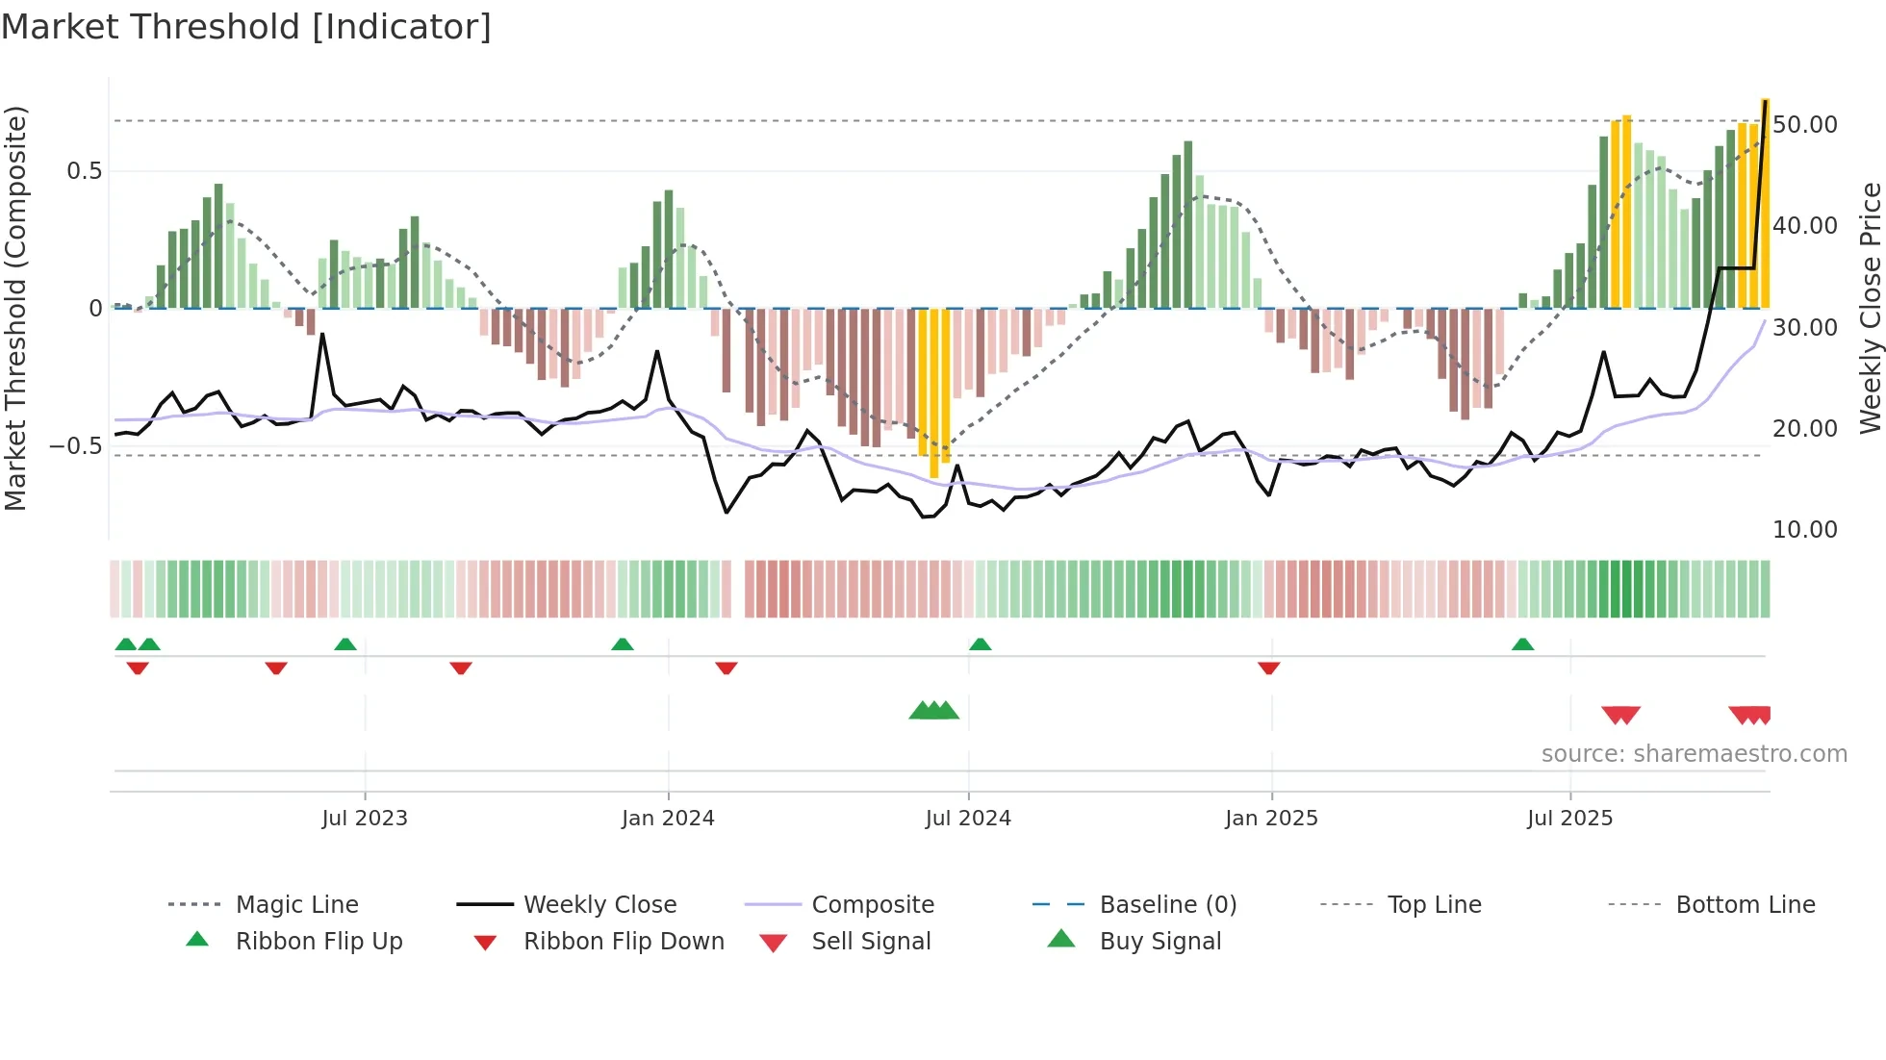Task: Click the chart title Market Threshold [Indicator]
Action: pyautogui.click(x=246, y=27)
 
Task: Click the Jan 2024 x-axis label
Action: pyautogui.click(x=668, y=819)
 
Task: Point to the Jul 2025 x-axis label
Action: pyautogui.click(x=1569, y=819)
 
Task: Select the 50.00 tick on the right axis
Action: pyautogui.click(x=1804, y=125)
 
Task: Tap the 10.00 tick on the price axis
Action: pyautogui.click(x=1804, y=530)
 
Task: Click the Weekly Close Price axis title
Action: pyautogui.click(x=1870, y=308)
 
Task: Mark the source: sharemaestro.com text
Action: pyautogui.click(x=1694, y=754)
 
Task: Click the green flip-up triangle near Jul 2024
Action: pyautogui.click(x=980, y=644)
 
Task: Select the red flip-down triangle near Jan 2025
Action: pyautogui.click(x=1268, y=668)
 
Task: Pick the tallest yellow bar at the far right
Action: pyautogui.click(x=1765, y=202)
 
